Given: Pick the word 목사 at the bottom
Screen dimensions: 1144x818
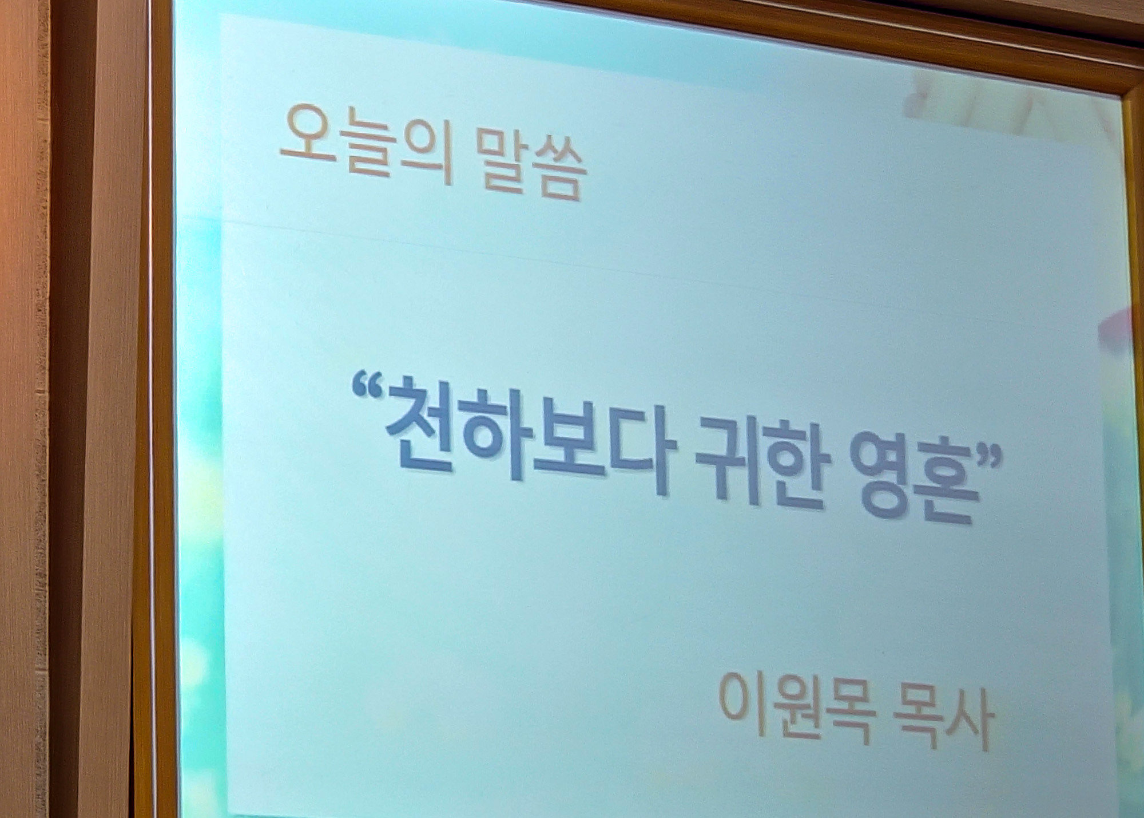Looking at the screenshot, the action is coord(943,718).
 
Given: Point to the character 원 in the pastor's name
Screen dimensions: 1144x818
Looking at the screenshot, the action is coord(792,708).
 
